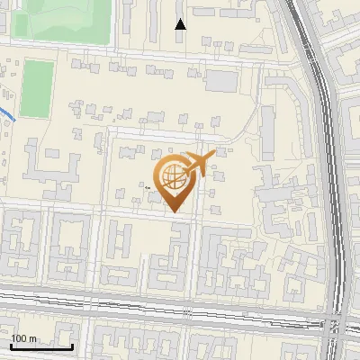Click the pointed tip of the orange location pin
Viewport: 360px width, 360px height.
point(175,211)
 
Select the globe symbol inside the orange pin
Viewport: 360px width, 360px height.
point(171,176)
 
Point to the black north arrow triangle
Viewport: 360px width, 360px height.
point(181,24)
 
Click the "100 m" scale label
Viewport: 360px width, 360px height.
point(24,337)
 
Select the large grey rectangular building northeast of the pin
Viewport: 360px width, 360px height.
point(221,80)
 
